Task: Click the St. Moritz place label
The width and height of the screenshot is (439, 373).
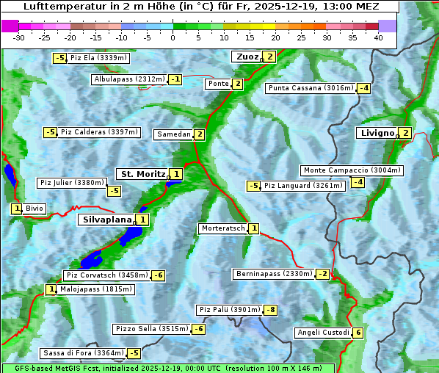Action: pos(142,174)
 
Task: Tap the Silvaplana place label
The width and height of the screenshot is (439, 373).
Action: pos(106,220)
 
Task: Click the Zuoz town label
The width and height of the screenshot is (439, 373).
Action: pos(246,57)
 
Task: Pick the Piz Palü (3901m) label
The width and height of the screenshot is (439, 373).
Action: pos(228,310)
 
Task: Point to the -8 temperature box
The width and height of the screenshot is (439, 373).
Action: pos(271,310)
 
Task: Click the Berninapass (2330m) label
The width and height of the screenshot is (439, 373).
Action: pos(274,274)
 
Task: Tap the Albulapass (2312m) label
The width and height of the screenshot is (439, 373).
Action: pos(129,79)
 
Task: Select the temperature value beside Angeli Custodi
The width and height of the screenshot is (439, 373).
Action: pos(358,333)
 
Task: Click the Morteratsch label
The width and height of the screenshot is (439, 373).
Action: pos(222,228)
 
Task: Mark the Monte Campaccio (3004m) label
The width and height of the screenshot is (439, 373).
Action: pos(352,170)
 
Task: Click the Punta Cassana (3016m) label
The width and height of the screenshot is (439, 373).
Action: pos(310,88)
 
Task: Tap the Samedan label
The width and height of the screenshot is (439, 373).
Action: pos(173,134)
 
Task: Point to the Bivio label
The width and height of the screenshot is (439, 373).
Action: pos(35,209)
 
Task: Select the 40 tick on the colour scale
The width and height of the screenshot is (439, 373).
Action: pos(378,37)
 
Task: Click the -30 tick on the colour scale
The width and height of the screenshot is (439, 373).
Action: pos(19,37)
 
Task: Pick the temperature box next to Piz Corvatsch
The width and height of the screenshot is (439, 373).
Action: pos(158,275)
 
